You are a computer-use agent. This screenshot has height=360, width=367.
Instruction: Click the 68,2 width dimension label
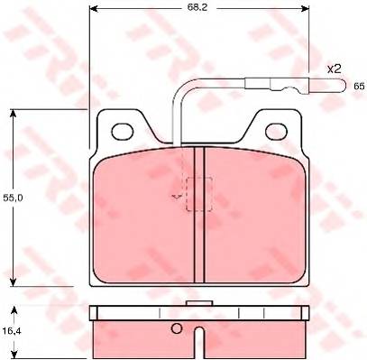coord(197,7)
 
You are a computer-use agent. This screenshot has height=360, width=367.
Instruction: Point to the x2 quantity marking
coord(334,69)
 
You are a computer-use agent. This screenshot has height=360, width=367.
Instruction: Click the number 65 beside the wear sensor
coord(359,87)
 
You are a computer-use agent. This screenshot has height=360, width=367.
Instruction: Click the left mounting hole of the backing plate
coord(122,131)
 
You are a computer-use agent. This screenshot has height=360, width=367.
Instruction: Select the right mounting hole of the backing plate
coord(276,131)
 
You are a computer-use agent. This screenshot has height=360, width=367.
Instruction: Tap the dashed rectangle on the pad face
coord(199,194)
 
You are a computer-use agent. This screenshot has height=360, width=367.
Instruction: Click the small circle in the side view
coord(177,328)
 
